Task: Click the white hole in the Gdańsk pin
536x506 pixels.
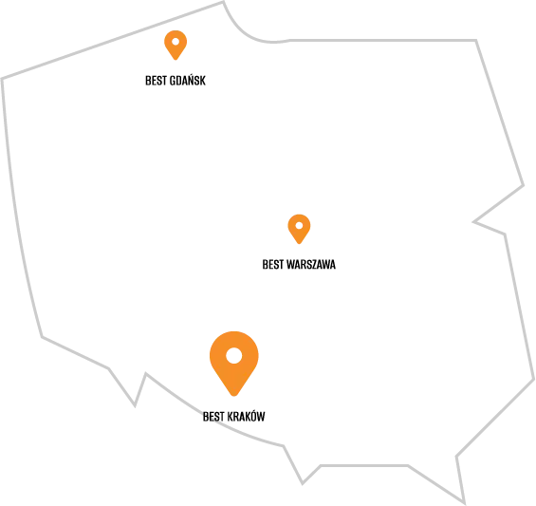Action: coord(176,42)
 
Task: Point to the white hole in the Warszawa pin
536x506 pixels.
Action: coord(299,225)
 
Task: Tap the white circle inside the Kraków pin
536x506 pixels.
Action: coord(234,355)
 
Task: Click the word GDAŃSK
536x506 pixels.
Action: coord(188,80)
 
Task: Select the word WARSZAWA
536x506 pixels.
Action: coord(311,265)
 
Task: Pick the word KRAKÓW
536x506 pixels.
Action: coord(246,416)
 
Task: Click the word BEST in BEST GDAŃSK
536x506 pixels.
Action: coord(156,81)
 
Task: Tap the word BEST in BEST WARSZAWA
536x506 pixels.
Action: coord(273,265)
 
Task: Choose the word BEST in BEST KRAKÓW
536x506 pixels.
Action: coord(213,417)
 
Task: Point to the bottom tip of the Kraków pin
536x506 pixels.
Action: coord(234,396)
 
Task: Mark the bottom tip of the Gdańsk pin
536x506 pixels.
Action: coord(176,60)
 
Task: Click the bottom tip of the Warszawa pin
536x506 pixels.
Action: coord(299,244)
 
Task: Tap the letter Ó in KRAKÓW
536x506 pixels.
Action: coord(253,415)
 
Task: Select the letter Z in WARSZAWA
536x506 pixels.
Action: coord(313,265)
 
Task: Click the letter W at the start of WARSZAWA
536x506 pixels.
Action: coord(290,265)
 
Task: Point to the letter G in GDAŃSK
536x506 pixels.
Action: coord(173,81)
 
